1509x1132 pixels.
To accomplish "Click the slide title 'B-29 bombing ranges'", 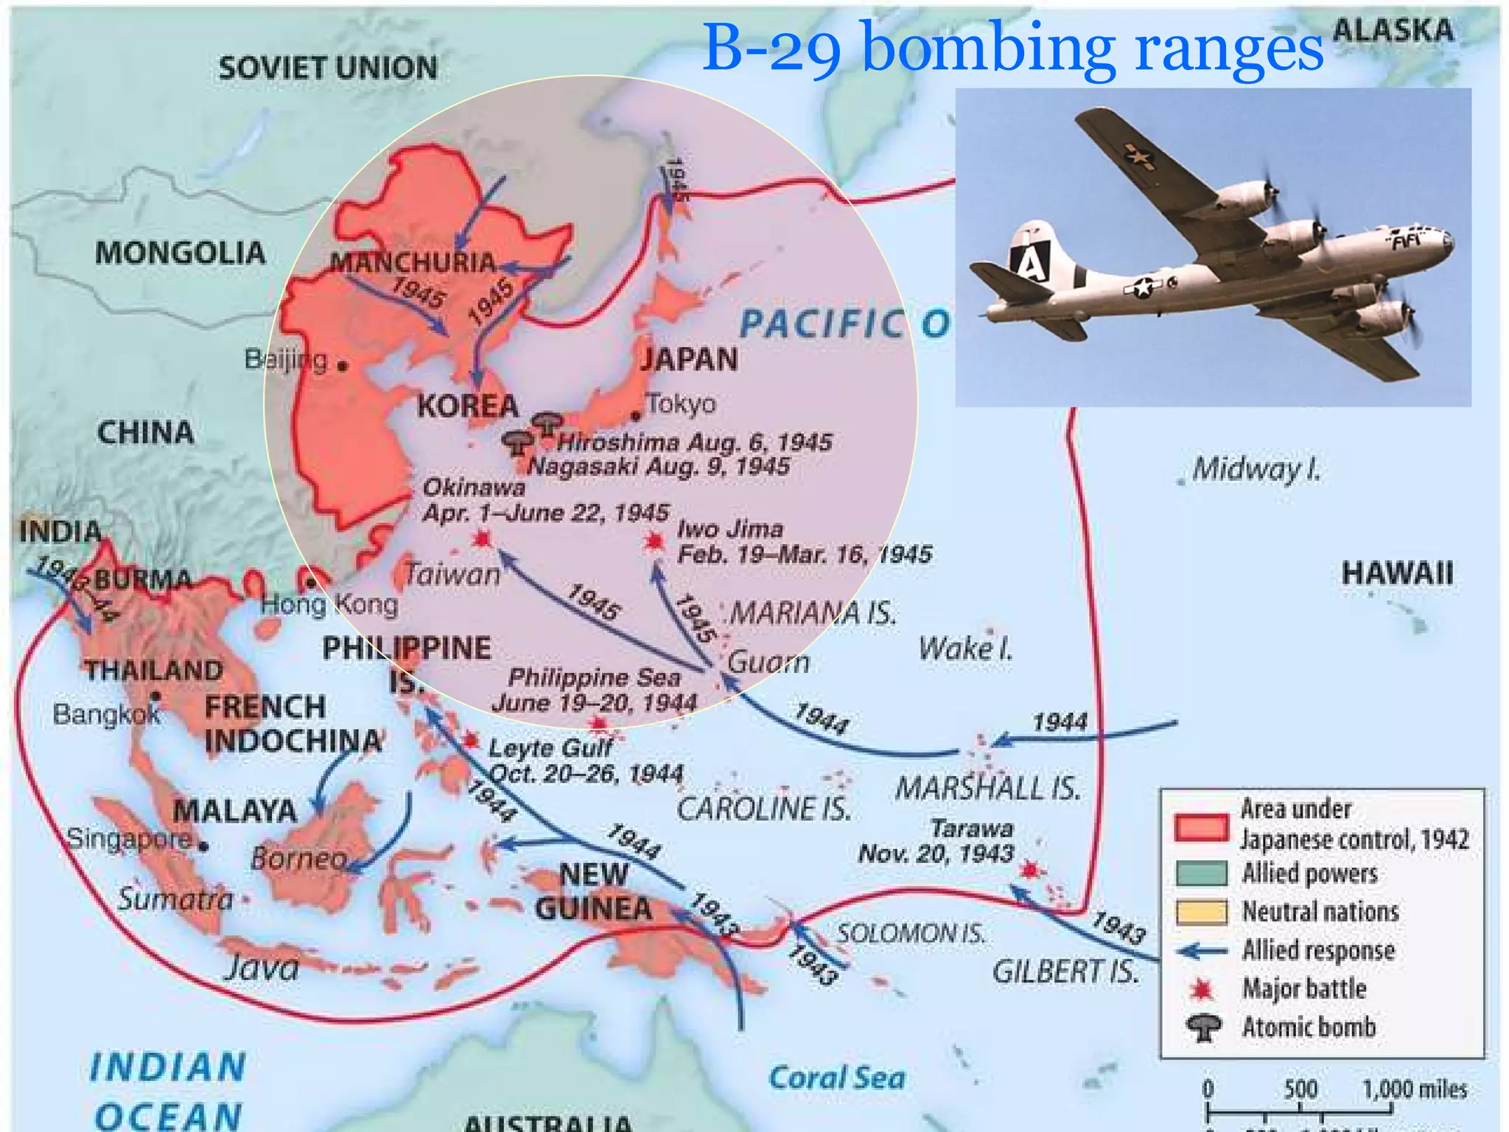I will click(1013, 48).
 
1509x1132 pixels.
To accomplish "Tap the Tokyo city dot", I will click(636, 416).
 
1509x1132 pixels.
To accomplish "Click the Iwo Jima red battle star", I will click(653, 542).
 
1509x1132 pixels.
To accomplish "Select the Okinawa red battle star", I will click(482, 539).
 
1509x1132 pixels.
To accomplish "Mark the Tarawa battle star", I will click(1029, 871).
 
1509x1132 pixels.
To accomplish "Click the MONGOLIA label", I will click(180, 254).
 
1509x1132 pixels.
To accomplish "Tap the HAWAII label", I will click(1397, 573).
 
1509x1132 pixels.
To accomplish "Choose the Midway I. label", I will click(1256, 469).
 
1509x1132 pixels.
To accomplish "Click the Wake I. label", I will click(965, 649).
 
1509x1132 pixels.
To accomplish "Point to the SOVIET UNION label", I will click(328, 69).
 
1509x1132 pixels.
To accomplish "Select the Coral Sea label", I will click(836, 1078).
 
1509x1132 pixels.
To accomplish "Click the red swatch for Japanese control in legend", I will click(1201, 828).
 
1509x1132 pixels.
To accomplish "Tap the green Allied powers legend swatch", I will click(1201, 873).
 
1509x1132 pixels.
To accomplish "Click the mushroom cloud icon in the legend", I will click(1202, 1027).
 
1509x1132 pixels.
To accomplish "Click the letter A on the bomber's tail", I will click(1031, 262).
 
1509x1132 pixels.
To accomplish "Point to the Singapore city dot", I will click(203, 846).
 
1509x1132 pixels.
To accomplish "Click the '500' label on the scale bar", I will click(1300, 1089).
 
